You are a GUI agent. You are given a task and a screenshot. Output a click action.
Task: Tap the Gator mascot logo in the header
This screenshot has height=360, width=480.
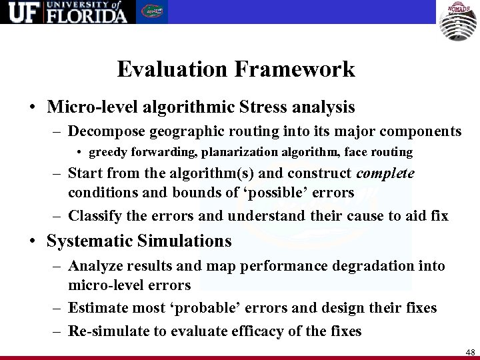pyautogui.click(x=153, y=11)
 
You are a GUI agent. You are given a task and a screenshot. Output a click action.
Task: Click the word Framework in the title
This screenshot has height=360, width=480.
pyautogui.click(x=299, y=69)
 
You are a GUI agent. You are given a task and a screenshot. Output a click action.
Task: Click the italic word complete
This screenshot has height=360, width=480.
pyautogui.click(x=386, y=174)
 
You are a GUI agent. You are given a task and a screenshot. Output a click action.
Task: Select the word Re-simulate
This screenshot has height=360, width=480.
pyautogui.click(x=106, y=331)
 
